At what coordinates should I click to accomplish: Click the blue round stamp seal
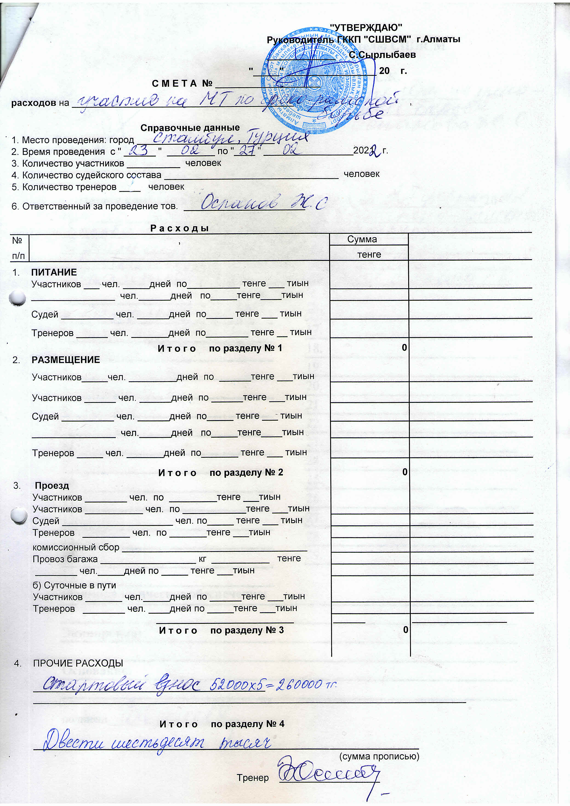pos(318,80)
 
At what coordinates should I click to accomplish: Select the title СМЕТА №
pos(182,84)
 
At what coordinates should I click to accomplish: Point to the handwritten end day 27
pos(247,151)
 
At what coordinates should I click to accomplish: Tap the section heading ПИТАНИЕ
pos(54,272)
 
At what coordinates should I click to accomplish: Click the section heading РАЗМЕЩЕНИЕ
pos(66,360)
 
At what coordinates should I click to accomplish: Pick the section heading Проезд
pos(52,486)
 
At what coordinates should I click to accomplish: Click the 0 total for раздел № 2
pos(404,472)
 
